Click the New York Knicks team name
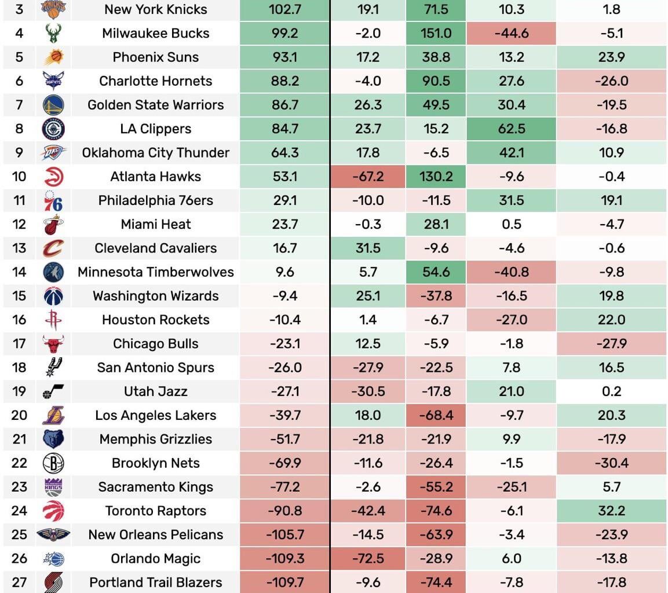click(155, 9)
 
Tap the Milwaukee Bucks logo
click(53, 33)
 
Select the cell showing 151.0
click(436, 33)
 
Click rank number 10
click(19, 176)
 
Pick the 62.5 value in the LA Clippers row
click(511, 129)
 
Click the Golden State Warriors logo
click(53, 105)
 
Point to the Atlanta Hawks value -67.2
click(367, 176)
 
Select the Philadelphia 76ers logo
click(53, 200)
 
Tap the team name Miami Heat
click(155, 224)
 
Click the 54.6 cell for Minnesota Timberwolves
click(436, 272)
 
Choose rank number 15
click(19, 296)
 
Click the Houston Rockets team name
click(155, 320)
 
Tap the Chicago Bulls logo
click(53, 343)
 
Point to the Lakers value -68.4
click(436, 415)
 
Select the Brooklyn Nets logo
click(53, 463)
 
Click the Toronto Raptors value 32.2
click(611, 511)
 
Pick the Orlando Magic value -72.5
click(367, 558)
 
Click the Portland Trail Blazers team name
click(155, 582)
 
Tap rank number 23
click(19, 487)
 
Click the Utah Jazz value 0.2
click(611, 391)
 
